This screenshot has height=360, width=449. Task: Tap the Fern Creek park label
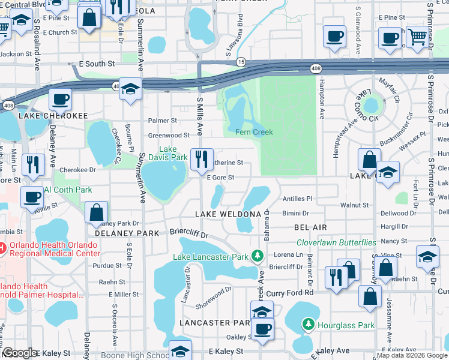coord(254,132)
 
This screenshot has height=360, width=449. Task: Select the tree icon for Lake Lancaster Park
coord(258,256)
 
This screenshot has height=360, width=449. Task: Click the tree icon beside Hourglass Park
coord(309,325)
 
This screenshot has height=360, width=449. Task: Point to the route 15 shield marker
coord(241,62)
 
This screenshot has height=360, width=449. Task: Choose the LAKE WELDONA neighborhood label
coord(228,214)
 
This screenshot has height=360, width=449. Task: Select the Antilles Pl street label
coord(297,198)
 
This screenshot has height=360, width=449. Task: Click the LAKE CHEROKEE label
coord(53,115)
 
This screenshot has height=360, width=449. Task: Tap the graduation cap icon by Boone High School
coord(180,350)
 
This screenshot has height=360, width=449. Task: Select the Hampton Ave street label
coord(322,96)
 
